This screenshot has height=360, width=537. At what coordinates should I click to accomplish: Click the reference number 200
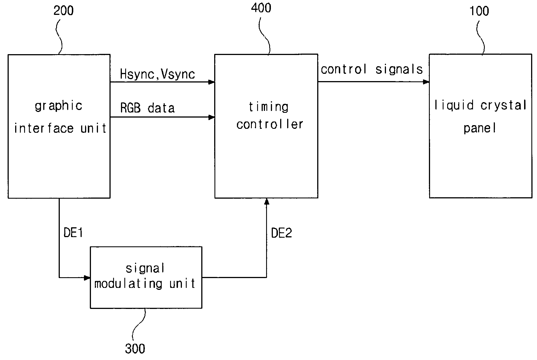pos(63,11)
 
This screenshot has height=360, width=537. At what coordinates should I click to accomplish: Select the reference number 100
pos(479,11)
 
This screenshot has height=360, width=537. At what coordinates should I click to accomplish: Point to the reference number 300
pos(135,348)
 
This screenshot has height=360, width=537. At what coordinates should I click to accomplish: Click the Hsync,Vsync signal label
pos(157,74)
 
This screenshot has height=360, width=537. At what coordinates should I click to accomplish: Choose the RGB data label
pos(147,108)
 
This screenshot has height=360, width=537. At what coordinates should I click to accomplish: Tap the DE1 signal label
pos(73,233)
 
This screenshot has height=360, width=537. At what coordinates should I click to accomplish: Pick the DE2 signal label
pos(282,233)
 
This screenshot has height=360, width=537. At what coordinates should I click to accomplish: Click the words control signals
pos(372,69)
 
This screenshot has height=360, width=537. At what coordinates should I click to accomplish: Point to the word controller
pos(270,124)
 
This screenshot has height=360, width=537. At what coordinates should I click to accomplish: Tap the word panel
pos(480,129)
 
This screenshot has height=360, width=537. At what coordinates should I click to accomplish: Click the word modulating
pos(128,284)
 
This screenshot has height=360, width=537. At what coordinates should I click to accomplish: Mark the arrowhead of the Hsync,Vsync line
pos(211,82)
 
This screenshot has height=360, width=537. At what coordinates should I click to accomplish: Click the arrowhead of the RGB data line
pos(211,117)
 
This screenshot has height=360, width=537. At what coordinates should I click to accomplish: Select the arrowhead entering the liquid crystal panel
pos(426,82)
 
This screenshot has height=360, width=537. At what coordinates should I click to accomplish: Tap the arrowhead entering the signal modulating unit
pos(87,278)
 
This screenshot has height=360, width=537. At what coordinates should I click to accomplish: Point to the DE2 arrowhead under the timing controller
pos(267,201)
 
